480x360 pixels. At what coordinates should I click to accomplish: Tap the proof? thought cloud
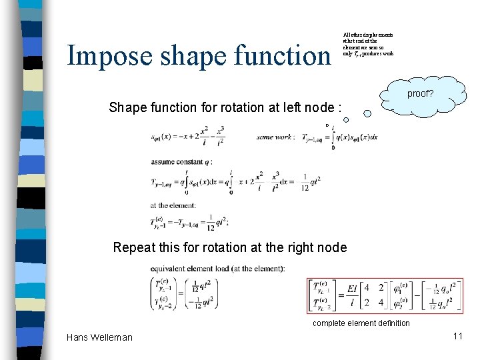[x=419, y=94]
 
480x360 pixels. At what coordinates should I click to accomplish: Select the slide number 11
[x=457, y=336]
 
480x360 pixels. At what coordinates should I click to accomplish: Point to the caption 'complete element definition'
[x=362, y=323]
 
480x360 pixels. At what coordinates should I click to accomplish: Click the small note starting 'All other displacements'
[x=368, y=44]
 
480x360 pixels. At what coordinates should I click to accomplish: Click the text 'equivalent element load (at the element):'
[x=218, y=269]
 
